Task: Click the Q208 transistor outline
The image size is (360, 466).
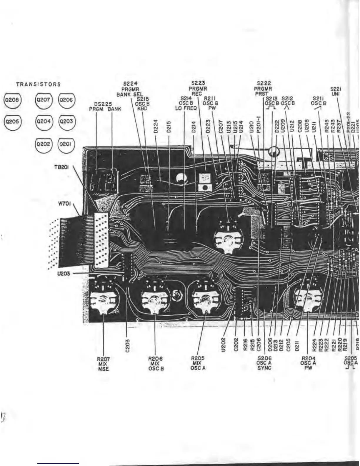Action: point(12,100)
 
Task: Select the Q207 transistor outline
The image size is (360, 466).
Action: point(43,100)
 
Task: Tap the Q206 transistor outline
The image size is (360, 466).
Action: point(66,100)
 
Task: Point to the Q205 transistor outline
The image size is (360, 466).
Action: point(12,121)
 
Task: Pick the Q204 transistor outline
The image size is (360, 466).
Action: point(43,121)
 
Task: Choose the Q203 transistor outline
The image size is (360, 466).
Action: point(66,121)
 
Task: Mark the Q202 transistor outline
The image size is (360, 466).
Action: point(43,144)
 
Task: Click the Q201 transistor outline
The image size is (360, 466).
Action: point(66,144)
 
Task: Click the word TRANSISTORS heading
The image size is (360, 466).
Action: point(38,84)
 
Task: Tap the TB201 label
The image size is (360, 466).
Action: point(62,167)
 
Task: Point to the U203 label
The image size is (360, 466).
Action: point(63,274)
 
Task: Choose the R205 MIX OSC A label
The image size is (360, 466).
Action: point(198,363)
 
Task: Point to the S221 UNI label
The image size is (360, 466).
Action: point(335,91)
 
